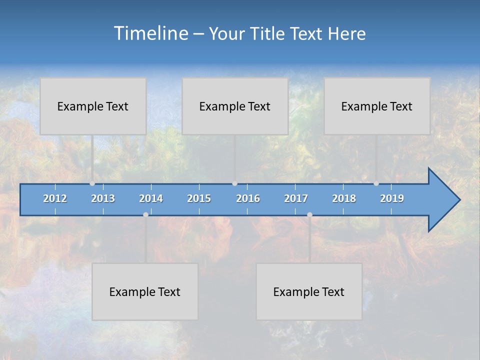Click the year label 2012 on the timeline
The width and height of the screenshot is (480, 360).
tap(55, 198)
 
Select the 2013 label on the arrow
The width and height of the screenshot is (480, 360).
tap(103, 198)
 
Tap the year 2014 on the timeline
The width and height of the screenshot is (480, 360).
tap(151, 198)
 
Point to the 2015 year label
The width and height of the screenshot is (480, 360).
tap(199, 198)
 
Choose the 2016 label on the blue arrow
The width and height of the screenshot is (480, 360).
tap(248, 198)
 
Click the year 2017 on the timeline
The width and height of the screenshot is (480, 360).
tap(296, 198)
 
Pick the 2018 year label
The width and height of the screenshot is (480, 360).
tap(344, 198)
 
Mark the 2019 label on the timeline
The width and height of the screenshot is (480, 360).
tap(392, 198)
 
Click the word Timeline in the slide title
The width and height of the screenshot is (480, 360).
tap(150, 33)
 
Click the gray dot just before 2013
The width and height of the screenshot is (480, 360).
tap(92, 183)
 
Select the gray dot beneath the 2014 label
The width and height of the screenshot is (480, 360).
tap(145, 214)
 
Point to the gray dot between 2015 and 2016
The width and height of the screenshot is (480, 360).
tap(234, 183)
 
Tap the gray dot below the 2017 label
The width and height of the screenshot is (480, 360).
tap(309, 214)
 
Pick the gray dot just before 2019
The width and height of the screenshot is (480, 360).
tap(376, 183)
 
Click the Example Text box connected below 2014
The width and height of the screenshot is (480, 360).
tap(145, 291)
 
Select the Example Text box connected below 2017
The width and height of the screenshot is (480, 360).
tap(309, 291)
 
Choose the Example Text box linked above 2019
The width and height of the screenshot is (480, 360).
tap(377, 106)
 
